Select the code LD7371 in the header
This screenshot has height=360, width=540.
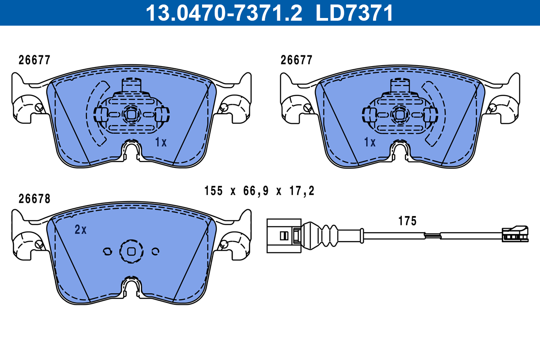pos(355,13)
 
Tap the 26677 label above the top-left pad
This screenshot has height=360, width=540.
pos(34,60)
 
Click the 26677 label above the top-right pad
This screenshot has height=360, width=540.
pos(296,60)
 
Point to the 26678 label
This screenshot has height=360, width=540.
pos(34,198)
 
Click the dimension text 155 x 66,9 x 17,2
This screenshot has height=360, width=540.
pos(259,191)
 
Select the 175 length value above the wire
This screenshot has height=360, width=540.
pos(407,221)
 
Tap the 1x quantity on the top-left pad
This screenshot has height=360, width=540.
pos(161,143)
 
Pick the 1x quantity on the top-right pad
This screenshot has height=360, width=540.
pos(369,143)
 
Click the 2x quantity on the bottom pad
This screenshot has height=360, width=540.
pos(81,229)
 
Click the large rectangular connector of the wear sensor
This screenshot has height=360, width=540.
pos(283,235)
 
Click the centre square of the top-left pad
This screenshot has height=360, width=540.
pos(131,114)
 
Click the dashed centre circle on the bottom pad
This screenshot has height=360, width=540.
pos(131,251)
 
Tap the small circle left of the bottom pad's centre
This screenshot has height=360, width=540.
pos(107,251)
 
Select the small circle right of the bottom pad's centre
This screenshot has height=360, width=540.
pos(156,251)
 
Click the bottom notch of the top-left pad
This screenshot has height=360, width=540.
pos(131,150)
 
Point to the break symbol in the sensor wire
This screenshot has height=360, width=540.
pos(432,234)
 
